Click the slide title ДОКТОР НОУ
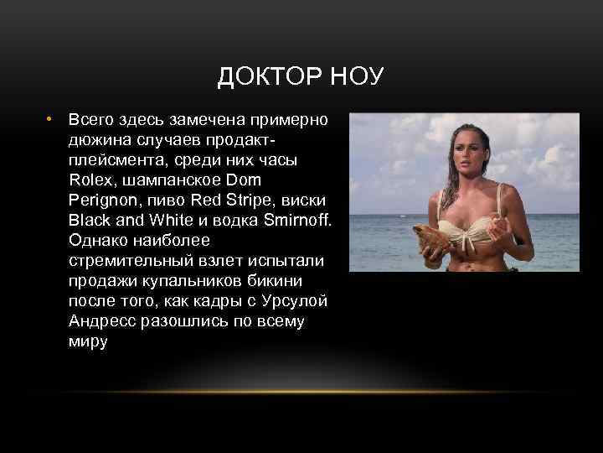[301, 77]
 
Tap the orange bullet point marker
[50, 119]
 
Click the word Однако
[100, 241]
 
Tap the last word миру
[89, 342]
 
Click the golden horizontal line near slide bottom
[301, 392]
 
